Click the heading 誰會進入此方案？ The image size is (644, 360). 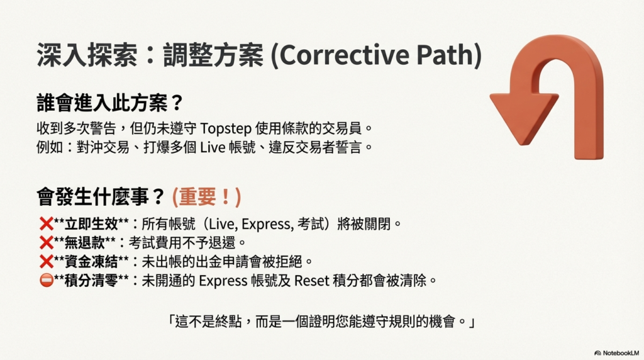[109, 103]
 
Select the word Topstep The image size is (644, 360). [226, 128]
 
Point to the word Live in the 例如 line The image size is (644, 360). [213, 147]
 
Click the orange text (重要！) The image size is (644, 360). [206, 197]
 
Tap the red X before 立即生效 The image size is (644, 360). [47, 224]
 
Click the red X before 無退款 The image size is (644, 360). [47, 242]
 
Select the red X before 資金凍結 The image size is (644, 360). [47, 261]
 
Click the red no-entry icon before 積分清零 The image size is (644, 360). [47, 280]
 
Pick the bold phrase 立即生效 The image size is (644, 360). [91, 224]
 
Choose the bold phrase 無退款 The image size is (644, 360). [85, 242]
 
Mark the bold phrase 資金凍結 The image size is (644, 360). [91, 261]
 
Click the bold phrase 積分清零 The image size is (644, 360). [91, 280]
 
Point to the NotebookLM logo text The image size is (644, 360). [621, 353]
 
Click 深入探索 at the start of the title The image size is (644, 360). [87, 55]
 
